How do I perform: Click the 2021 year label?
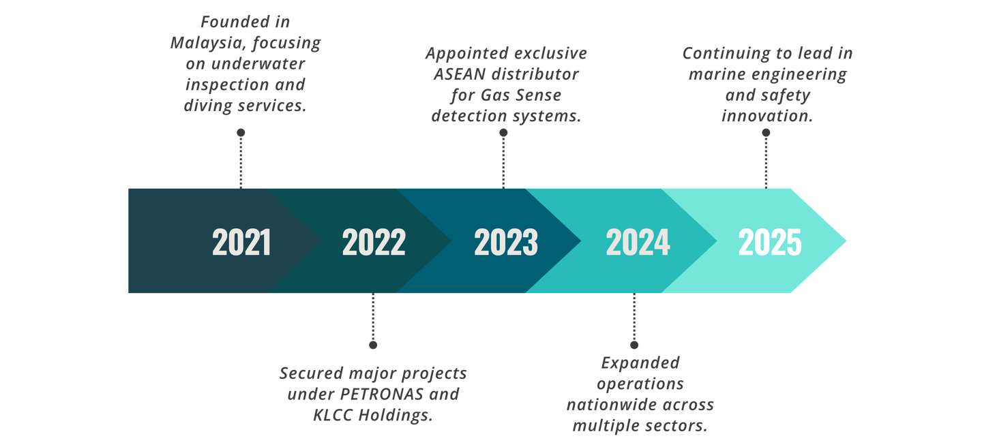point(241,242)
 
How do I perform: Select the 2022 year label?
point(374,242)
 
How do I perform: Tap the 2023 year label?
point(506,242)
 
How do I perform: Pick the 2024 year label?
point(638,242)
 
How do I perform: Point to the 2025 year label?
point(770,242)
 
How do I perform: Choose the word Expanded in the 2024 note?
point(640,363)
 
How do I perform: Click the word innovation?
point(767,116)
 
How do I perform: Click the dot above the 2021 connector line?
point(241,132)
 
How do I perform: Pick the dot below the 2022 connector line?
point(373,345)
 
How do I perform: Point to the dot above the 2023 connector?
point(504,133)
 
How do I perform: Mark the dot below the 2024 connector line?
point(634,345)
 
